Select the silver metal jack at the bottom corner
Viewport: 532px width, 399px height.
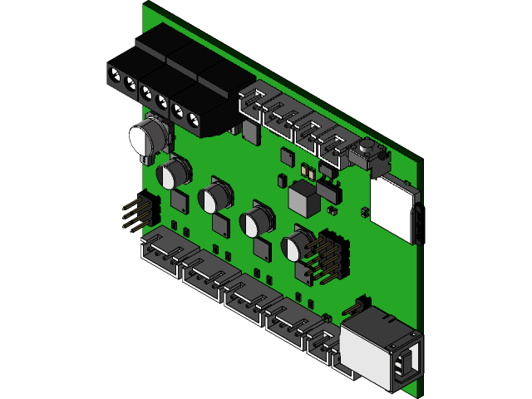point(378,349)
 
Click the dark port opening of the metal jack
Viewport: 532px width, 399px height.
point(407,364)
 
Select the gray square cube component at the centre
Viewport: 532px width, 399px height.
point(303,198)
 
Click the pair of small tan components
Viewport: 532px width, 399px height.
point(306,171)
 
